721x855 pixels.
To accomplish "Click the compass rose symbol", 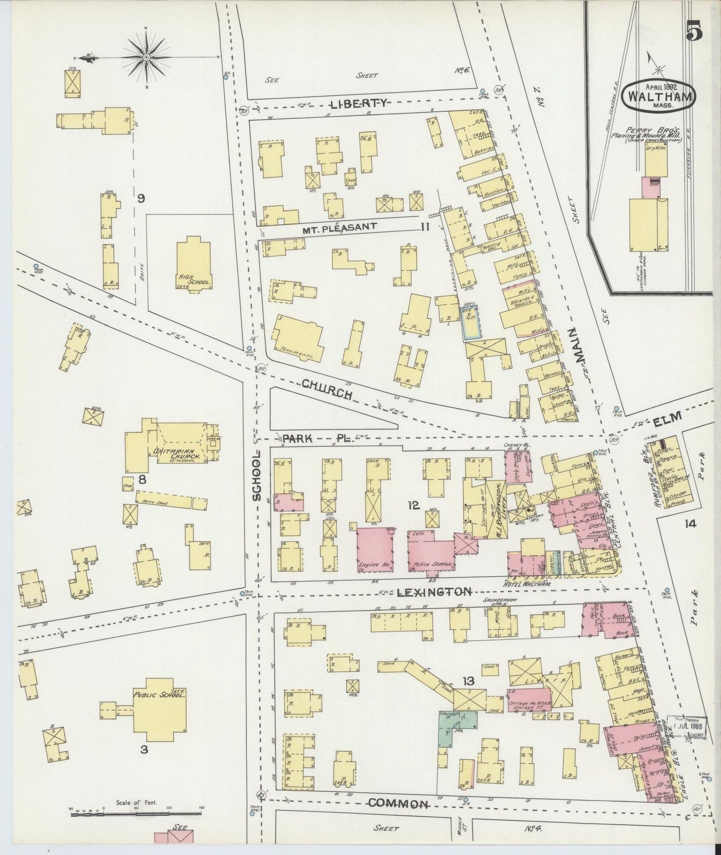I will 146,58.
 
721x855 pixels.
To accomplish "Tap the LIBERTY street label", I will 359,104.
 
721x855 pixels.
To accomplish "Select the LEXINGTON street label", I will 434,592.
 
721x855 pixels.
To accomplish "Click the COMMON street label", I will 399,804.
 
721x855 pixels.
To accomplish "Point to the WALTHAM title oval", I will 658,93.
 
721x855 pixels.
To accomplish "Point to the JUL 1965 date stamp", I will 687,726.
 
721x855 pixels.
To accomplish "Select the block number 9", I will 141,199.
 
